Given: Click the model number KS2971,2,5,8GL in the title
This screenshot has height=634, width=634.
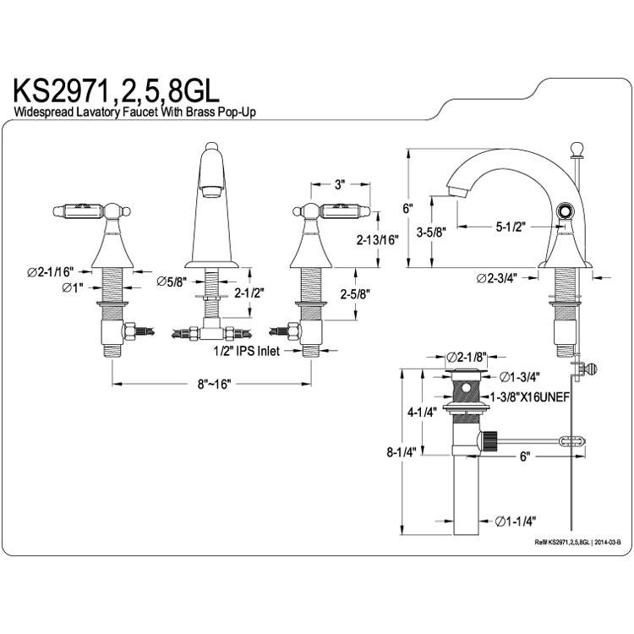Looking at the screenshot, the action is point(117,92).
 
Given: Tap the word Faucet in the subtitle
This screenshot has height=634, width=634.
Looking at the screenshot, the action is point(139,112).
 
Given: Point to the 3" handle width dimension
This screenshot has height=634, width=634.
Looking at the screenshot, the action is point(340,185).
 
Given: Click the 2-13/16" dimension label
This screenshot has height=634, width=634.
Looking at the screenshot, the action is point(377,240).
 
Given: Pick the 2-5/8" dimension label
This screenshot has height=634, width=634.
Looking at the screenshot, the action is point(355,294).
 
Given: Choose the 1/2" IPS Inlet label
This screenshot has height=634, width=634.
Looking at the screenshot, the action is point(246,351).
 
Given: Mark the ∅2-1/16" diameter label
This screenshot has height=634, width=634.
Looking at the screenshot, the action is point(51,271).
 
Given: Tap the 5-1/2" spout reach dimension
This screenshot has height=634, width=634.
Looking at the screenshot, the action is point(511,227).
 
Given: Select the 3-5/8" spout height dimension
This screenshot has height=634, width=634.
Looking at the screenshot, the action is point(430,232).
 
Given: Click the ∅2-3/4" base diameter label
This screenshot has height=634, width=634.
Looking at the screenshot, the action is point(497,279).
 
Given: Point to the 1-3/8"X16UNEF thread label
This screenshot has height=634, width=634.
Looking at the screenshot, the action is point(530,397).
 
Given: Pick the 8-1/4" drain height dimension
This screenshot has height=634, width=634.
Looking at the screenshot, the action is point(402,452).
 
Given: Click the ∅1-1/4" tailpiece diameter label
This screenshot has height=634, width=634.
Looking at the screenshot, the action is point(516,522).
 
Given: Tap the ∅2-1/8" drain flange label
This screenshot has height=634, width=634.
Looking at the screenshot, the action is point(466,357).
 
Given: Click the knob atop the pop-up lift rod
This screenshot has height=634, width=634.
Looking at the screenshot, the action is point(576,148).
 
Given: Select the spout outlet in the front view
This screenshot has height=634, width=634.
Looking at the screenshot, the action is point(210,191).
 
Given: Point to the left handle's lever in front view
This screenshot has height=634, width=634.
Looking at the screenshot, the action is point(79,211).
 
